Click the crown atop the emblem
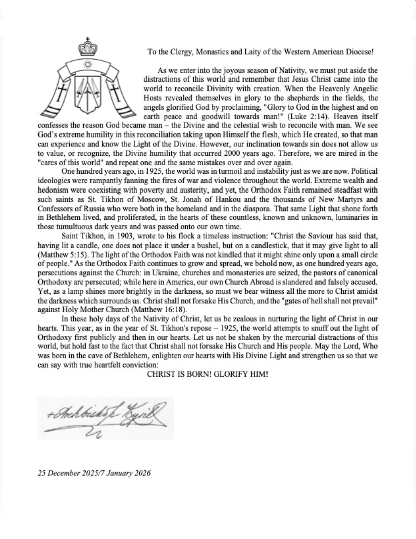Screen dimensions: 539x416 click(87, 48)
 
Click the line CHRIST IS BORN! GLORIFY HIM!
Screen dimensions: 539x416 click(207, 374)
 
